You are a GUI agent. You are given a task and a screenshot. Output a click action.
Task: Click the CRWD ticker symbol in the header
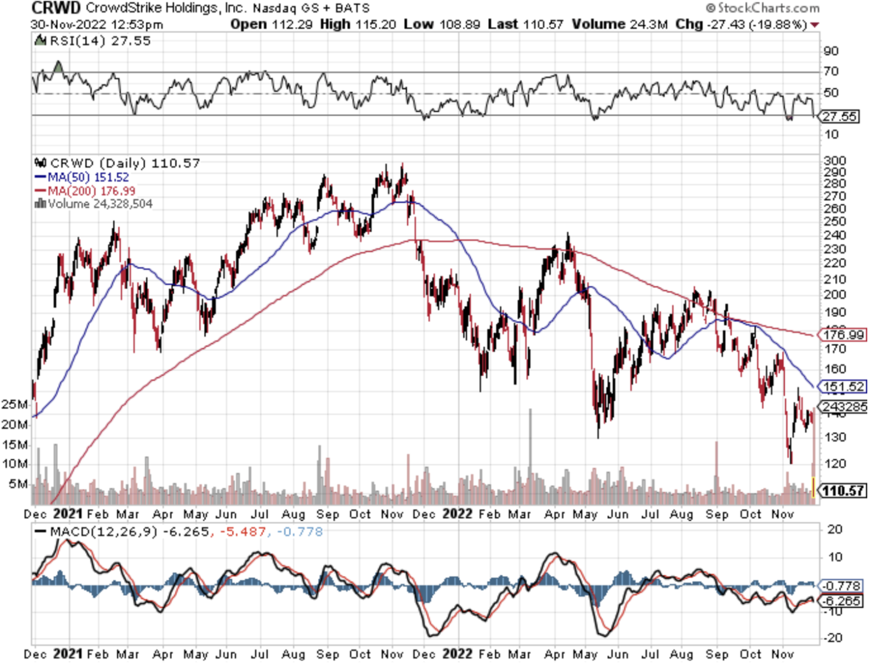click(x=56, y=8)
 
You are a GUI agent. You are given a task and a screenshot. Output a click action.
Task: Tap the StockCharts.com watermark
click(x=763, y=8)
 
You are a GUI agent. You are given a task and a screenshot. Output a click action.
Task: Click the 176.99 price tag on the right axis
click(x=844, y=334)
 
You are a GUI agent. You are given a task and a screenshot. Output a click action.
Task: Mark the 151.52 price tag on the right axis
click(x=844, y=387)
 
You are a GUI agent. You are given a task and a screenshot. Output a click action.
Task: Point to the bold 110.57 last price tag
click(x=844, y=490)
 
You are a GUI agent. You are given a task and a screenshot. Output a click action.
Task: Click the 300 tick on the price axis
click(x=834, y=160)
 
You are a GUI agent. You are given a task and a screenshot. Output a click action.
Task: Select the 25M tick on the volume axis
click(x=14, y=404)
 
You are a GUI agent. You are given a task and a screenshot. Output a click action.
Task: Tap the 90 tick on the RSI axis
click(x=831, y=51)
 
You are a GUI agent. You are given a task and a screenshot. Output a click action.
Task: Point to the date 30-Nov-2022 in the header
click(x=65, y=24)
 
